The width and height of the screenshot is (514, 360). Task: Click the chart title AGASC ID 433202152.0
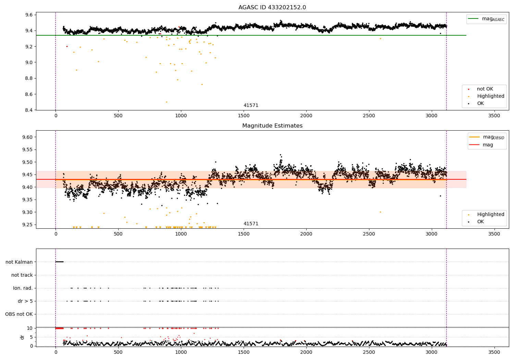point(272,7)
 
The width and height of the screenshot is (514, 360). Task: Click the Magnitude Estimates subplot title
point(272,125)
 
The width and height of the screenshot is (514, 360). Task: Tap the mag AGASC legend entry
point(486,19)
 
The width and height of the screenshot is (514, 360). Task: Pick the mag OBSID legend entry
point(487,137)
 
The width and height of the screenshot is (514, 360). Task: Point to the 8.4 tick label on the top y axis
point(29,110)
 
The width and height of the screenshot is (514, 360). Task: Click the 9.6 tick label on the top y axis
point(29,15)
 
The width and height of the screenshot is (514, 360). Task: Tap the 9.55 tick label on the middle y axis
point(27,149)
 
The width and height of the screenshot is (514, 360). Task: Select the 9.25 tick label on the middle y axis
point(27,225)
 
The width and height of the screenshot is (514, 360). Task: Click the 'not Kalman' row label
point(19,262)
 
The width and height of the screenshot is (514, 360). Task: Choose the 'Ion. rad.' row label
point(23,288)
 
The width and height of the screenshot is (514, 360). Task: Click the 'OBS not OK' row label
point(19,314)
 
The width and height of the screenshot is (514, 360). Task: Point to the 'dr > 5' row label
point(25,301)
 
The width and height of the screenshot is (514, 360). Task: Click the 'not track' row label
point(22,275)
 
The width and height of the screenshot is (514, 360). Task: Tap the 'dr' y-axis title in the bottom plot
point(22,337)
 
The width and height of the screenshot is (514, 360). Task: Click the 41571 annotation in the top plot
point(251,105)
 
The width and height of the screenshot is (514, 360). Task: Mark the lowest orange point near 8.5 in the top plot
point(167,102)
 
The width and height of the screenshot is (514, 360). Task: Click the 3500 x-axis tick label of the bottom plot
point(494,352)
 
